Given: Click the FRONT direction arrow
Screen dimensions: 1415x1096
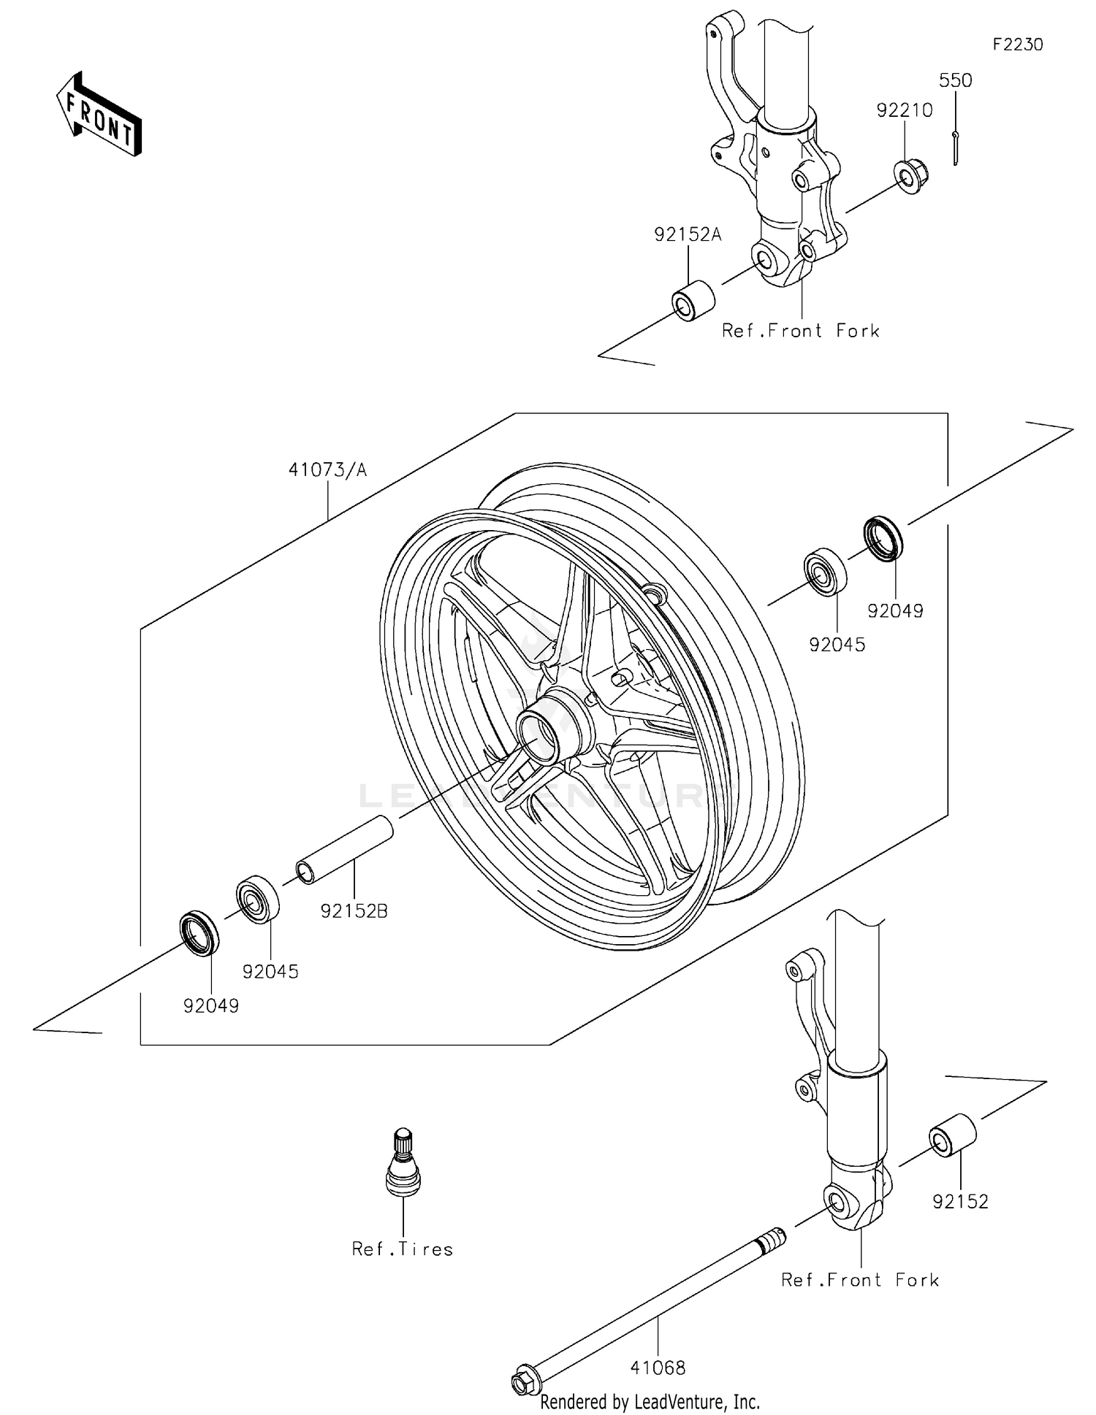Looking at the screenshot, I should click(99, 115).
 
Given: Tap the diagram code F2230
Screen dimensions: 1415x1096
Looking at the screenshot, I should click(1017, 45).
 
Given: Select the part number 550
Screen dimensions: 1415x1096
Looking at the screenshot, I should click(955, 80).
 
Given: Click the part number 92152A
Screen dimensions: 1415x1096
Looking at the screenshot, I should click(687, 234).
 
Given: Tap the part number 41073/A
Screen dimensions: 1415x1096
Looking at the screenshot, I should click(327, 469).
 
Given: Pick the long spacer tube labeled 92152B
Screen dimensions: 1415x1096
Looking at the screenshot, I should click(345, 851).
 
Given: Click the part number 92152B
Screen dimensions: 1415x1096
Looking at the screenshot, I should click(354, 910).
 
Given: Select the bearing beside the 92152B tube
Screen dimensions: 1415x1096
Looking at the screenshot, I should click(258, 899).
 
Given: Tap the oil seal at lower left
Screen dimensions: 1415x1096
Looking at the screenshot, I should click(199, 932).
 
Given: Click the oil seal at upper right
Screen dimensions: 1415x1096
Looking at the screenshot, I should click(883, 539).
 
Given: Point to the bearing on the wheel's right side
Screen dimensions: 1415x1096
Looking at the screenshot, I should click(826, 572).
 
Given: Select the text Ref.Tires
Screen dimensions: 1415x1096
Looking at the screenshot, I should click(402, 1249).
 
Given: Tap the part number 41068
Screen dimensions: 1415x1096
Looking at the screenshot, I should click(658, 1368).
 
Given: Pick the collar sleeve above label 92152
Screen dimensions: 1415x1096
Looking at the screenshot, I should click(952, 1136).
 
